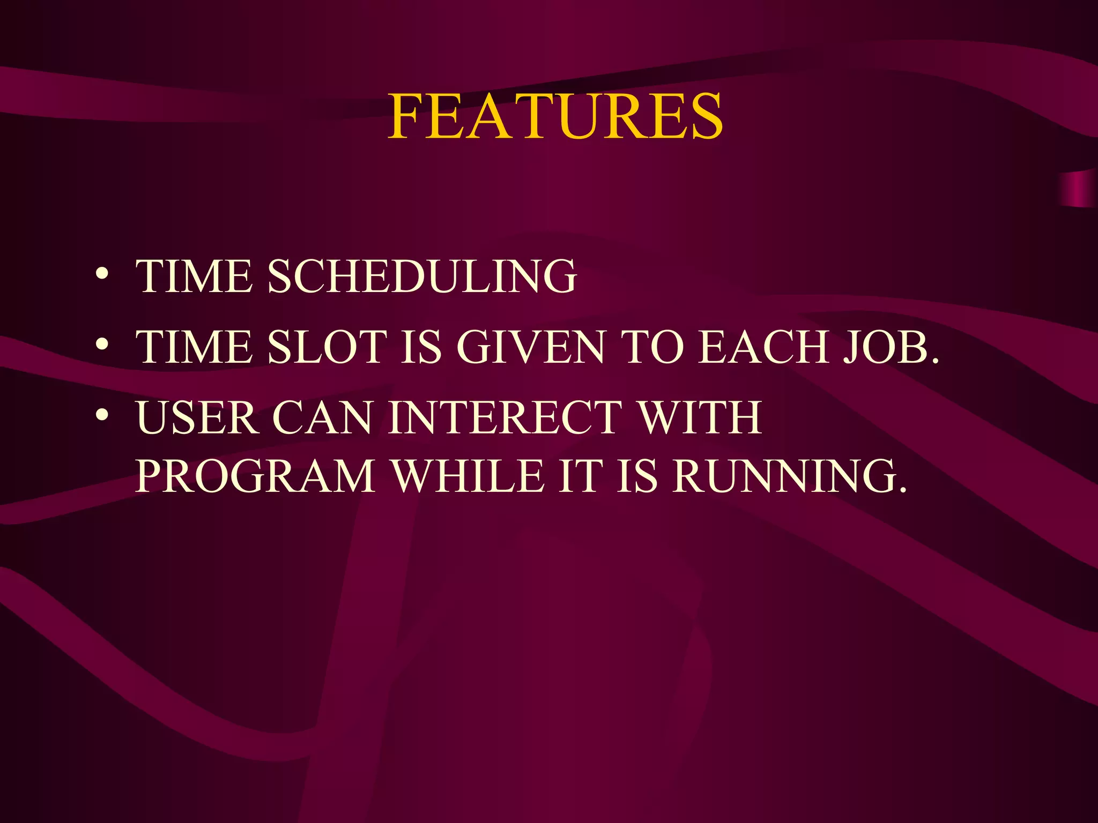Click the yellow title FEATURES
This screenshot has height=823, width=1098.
[555, 117]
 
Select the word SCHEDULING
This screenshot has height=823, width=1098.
[422, 276]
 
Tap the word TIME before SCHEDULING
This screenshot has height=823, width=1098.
[194, 276]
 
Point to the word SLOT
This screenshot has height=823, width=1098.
[327, 347]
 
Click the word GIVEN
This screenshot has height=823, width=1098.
[531, 347]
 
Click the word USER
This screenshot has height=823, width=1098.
[197, 417]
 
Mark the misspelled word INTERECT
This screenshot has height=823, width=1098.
[505, 417]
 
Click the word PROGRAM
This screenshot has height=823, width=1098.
[255, 476]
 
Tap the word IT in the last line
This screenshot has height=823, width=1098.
[578, 476]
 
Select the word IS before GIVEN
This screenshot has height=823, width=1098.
[421, 347]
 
